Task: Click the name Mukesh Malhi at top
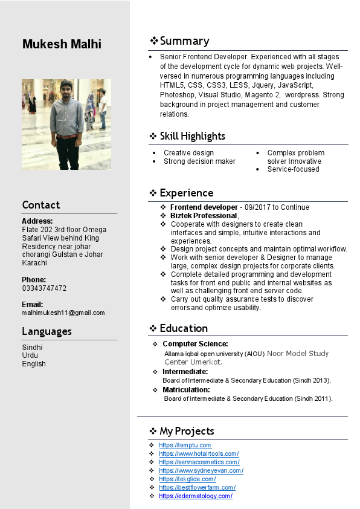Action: click(62, 44)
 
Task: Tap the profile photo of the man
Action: click(66, 124)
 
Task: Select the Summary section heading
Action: click(184, 41)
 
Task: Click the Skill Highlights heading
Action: click(192, 136)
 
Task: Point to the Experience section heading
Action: click(186, 193)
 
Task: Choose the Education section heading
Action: click(184, 328)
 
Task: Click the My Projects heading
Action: click(187, 431)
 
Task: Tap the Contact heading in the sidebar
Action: click(41, 205)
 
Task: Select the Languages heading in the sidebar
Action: click(47, 331)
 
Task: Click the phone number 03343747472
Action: click(44, 288)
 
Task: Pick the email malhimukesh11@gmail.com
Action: click(63, 313)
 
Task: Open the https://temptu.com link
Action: click(185, 446)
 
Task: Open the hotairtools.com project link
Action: click(199, 454)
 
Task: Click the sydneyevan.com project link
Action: click(201, 471)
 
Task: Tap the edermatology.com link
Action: click(196, 496)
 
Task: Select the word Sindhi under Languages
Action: click(32, 348)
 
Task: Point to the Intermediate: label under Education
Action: click(185, 372)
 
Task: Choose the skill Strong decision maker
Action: click(199, 161)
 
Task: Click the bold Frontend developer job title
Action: click(204, 207)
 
